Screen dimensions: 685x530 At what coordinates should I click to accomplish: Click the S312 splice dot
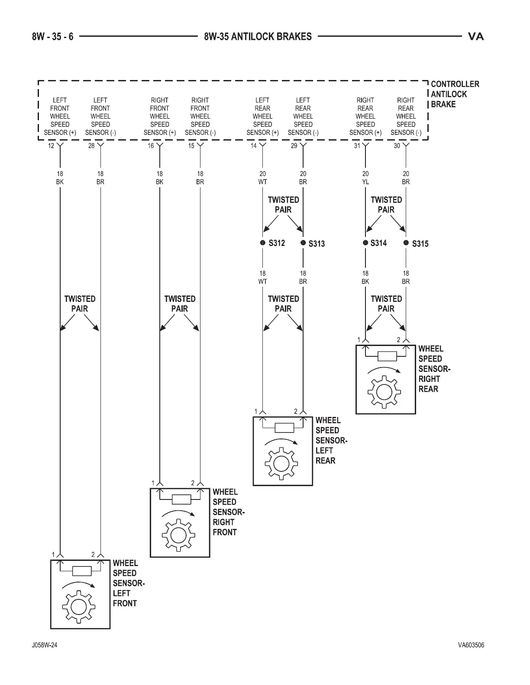(262, 243)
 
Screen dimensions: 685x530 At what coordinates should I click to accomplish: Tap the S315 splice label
(420, 244)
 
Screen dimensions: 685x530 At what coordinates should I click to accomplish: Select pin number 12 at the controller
(51, 146)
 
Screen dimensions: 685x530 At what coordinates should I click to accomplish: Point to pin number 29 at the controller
(294, 146)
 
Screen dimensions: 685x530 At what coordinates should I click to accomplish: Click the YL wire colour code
(365, 182)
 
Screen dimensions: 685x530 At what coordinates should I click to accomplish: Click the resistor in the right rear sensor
(387, 356)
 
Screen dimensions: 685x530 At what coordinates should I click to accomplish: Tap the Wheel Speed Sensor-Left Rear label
(331, 440)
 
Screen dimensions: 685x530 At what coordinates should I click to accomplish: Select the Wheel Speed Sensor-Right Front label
(228, 512)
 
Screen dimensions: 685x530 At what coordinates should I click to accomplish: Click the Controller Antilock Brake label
(455, 94)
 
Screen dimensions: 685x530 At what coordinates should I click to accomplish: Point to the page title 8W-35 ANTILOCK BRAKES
(258, 37)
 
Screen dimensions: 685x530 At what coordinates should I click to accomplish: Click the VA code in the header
(476, 37)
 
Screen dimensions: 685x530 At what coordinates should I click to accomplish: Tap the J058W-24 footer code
(45, 645)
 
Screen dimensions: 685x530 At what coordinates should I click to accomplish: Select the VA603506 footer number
(471, 645)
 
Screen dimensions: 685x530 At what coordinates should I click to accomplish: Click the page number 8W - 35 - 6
(52, 37)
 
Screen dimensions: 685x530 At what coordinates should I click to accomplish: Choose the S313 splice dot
(303, 243)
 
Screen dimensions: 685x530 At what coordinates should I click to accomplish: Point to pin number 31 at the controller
(357, 146)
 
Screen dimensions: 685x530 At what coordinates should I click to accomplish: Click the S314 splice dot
(365, 243)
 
